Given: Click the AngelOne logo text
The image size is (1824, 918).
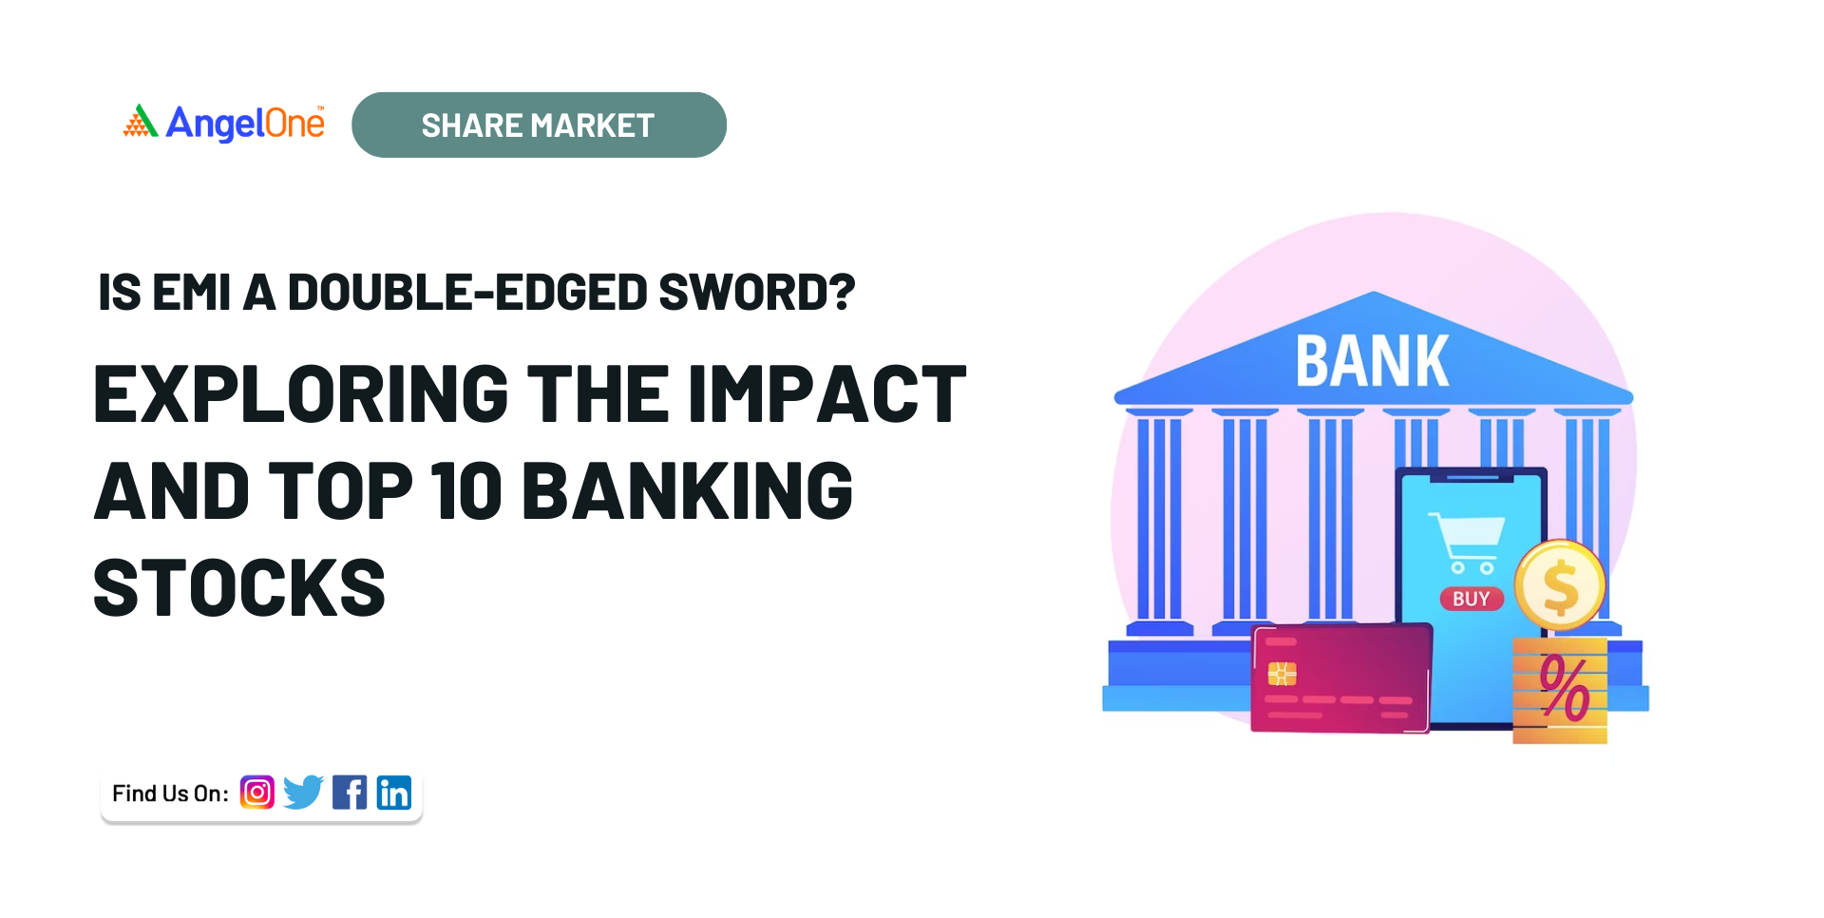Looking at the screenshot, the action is tap(245, 124).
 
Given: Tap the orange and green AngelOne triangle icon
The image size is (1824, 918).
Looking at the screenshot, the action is tap(140, 121).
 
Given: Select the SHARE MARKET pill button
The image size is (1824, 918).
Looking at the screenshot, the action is tap(539, 124).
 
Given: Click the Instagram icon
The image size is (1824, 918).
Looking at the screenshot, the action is tap(256, 793).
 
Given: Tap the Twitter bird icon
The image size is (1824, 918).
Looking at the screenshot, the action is tap(303, 793).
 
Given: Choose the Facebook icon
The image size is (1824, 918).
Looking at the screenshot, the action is tap(350, 793).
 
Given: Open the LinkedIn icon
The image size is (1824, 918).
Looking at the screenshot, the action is tap(394, 793).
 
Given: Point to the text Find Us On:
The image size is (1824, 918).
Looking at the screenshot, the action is tap(170, 794).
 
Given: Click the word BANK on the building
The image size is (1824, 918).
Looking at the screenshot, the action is tap(1373, 361).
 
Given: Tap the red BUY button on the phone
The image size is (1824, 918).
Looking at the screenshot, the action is tap(1472, 599).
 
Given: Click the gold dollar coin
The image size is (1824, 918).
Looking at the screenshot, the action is tap(1560, 585).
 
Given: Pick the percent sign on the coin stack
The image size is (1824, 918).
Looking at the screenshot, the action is tap(1565, 687).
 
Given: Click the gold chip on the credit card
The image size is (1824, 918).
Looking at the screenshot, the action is tap(1282, 674).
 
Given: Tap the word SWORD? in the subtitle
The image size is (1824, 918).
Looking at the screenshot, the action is tap(757, 293).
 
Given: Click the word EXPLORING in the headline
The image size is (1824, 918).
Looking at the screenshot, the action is tap(302, 394).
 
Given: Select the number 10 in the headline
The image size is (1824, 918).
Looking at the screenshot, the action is tap(465, 491).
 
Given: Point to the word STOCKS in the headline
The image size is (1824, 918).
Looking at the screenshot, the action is tap(239, 588).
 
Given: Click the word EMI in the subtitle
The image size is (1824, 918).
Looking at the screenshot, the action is tap(191, 293).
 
